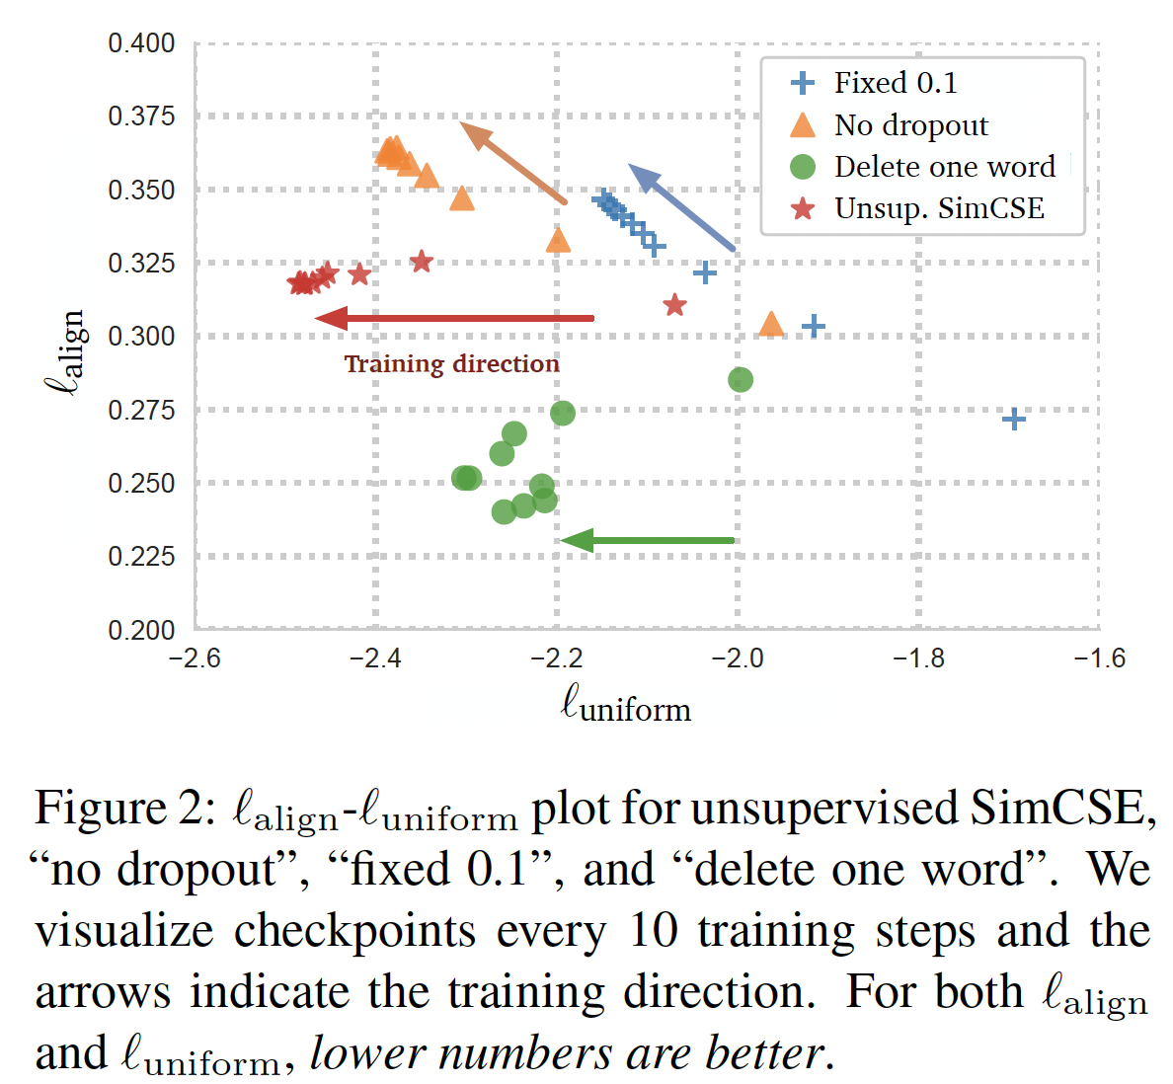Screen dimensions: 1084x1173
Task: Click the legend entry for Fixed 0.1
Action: pyautogui.click(x=895, y=83)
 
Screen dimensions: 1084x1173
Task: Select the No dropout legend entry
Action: pyautogui.click(x=909, y=125)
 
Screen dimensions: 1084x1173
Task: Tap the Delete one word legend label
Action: pyautogui.click(x=943, y=167)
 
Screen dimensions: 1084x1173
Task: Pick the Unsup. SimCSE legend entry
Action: pyautogui.click(x=938, y=208)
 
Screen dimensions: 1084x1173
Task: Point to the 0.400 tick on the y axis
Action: pyautogui.click(x=141, y=43)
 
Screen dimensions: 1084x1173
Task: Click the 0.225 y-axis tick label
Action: pyautogui.click(x=141, y=557)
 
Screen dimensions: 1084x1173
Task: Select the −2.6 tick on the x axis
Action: pyautogui.click(x=195, y=658)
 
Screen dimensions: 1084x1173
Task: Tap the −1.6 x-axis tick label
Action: pyautogui.click(x=1098, y=658)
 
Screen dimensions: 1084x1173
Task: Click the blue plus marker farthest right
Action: pyautogui.click(x=1013, y=420)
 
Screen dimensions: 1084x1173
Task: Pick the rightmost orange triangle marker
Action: pyautogui.click(x=771, y=324)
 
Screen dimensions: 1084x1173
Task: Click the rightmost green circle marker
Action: pyautogui.click(x=740, y=380)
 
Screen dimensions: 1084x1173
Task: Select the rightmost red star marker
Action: pyautogui.click(x=674, y=305)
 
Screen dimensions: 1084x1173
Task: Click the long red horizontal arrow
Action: pyautogui.click(x=455, y=318)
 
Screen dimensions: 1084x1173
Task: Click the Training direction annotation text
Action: pyautogui.click(x=451, y=364)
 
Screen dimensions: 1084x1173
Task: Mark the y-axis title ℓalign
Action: pyautogui.click(x=67, y=352)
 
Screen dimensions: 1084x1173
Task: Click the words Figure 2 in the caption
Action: pyautogui.click(x=122, y=809)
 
